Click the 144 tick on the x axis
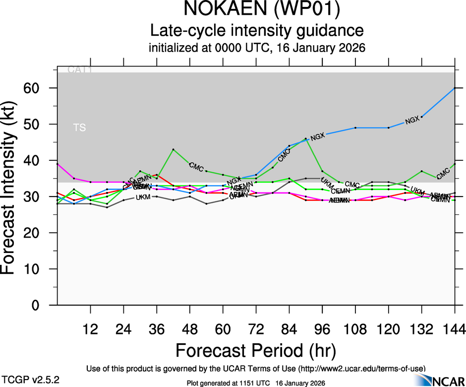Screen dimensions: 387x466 (455, 329)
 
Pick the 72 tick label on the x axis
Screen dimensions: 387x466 (256, 329)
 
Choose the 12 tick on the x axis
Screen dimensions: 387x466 (90, 329)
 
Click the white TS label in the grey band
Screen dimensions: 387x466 (79, 128)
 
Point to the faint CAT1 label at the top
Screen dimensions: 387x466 (80, 70)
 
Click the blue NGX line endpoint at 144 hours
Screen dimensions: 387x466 (455, 88)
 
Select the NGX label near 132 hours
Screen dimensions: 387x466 (412, 120)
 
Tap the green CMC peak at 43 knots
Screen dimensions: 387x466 (173, 149)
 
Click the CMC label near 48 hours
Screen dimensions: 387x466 (196, 167)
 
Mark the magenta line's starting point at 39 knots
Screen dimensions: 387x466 (58, 164)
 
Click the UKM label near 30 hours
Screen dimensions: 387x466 (143, 197)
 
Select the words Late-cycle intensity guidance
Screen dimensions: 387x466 (257, 31)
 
